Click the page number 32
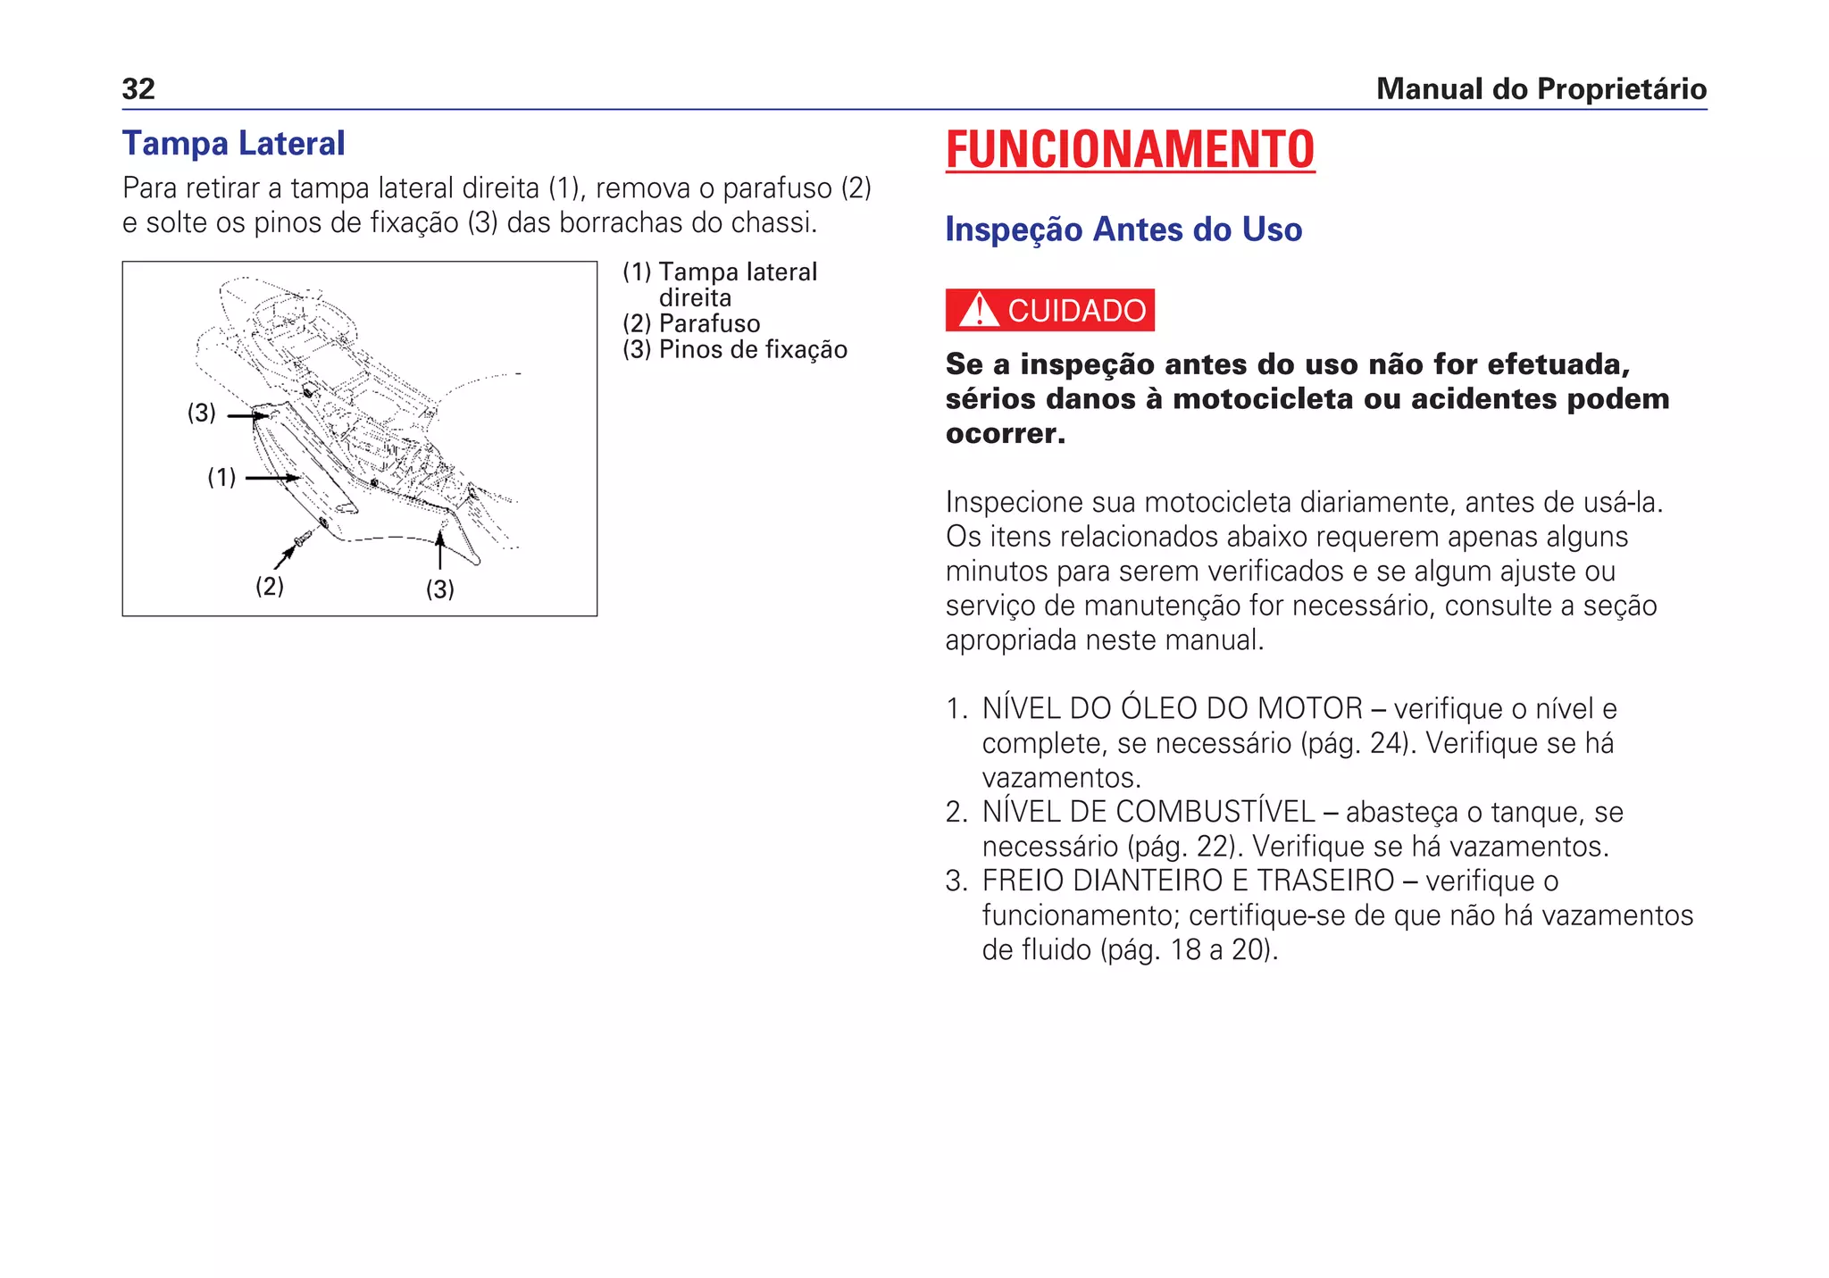138,89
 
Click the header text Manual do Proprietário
1541,89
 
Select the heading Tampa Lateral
233,144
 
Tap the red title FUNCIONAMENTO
1130,149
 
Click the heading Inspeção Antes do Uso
1123,230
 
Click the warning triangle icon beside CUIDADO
979,310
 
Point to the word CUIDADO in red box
1076,311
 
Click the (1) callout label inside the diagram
221,478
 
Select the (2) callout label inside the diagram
270,587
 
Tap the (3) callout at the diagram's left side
202,413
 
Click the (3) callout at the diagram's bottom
439,589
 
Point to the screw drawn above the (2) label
304,539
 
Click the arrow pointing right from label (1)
272,479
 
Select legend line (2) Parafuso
691,323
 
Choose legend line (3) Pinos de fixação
734,349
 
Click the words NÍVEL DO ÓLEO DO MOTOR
1172,709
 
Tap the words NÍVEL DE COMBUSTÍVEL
1148,812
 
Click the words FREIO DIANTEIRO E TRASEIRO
1188,881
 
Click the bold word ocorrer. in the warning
1006,434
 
